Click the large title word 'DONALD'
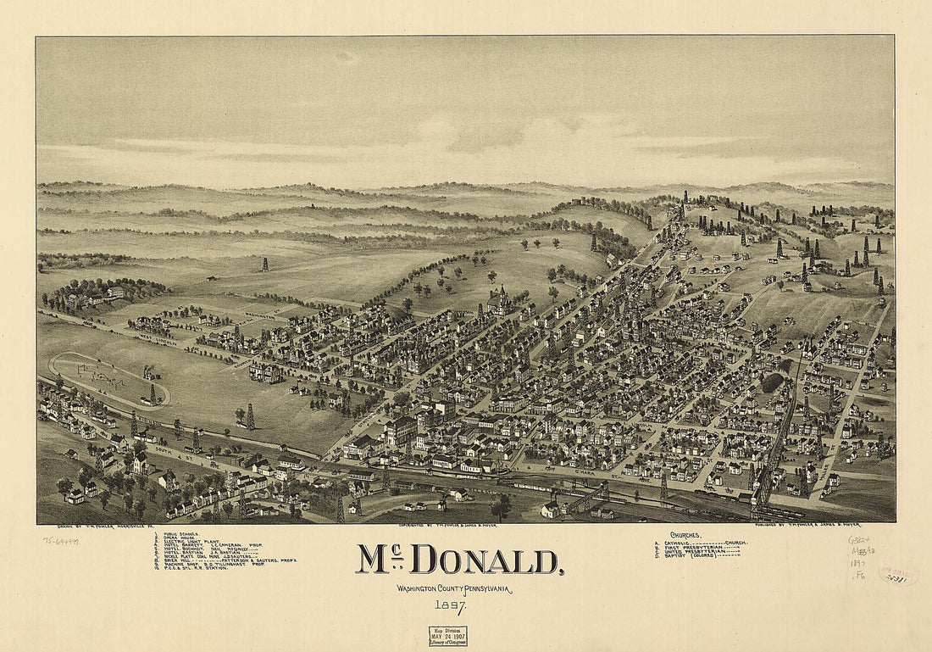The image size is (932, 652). pos(487,560)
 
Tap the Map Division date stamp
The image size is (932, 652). pos(447,636)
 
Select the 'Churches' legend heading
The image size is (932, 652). pos(685,535)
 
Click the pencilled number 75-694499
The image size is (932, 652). pos(60,540)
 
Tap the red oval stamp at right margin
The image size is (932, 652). pos(898,576)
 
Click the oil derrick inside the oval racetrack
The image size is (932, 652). pos(153,394)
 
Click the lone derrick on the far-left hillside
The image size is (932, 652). pos(265,264)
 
